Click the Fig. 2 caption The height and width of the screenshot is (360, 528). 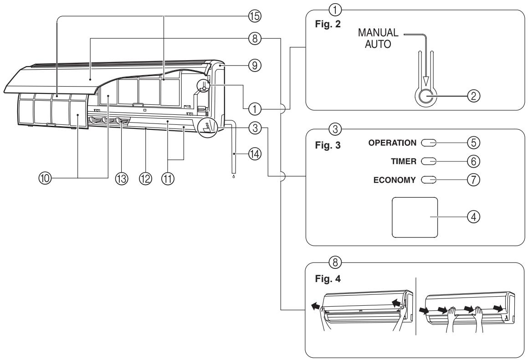[324, 22]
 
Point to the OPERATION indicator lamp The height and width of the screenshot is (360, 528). [429, 143]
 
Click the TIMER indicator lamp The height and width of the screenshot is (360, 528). [429, 161]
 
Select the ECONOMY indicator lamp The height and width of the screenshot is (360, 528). [429, 179]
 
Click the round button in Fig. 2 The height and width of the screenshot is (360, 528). [425, 96]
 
